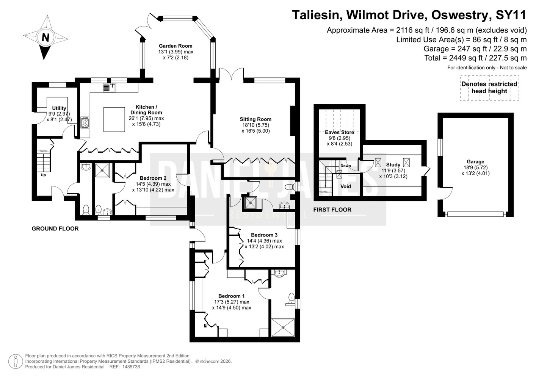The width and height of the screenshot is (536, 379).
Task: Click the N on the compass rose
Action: tap(45, 38)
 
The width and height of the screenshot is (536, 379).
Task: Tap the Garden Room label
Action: tap(176, 46)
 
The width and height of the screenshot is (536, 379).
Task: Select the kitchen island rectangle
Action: tap(114, 119)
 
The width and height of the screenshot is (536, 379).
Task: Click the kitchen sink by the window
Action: tap(109, 87)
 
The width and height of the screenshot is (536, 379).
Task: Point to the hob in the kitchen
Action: tap(85, 122)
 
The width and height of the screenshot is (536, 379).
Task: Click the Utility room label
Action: tap(59, 108)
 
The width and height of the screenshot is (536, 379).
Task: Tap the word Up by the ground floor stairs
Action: tap(43, 175)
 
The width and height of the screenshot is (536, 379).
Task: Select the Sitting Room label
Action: tap(255, 119)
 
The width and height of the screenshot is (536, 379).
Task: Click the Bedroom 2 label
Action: tap(153, 178)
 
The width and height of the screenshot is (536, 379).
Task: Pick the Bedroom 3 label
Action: tap(264, 235)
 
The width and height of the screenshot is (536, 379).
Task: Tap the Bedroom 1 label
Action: tap(231, 296)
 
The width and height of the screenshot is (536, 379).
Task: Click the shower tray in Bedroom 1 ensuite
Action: tap(283, 327)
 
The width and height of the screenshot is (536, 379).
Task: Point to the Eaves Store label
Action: tap(339, 132)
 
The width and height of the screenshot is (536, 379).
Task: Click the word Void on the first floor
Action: tap(346, 186)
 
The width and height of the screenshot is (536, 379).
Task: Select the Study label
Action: tap(393, 164)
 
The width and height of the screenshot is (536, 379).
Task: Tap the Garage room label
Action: tap(475, 162)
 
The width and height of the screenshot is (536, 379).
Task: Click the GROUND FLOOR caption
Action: tap(55, 229)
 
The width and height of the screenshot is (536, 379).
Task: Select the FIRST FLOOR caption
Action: tap(332, 210)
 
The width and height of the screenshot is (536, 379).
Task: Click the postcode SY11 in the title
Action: tap(511, 15)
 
